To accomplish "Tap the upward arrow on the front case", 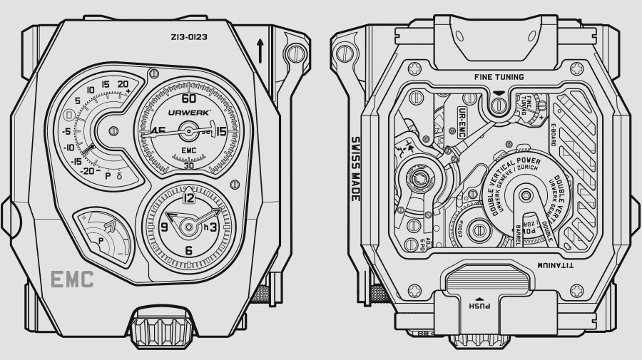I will (262, 51).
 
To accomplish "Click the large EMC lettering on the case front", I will (71, 280).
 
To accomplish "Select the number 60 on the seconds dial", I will (189, 99).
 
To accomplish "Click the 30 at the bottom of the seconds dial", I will (188, 165).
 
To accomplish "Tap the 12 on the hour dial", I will (189, 198).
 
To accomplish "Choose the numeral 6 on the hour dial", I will (189, 250).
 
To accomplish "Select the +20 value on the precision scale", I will (123, 84).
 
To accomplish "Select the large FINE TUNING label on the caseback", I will (499, 77).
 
